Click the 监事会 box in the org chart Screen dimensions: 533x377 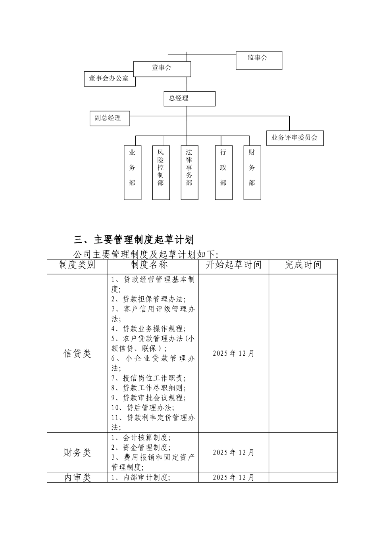point(259,60)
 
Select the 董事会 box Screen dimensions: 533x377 point(162,69)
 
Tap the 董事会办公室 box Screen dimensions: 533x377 point(109,79)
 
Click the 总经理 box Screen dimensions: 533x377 point(189,98)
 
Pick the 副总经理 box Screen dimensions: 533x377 point(110,118)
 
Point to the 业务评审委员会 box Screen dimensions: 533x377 point(294,138)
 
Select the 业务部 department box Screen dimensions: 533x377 point(132,173)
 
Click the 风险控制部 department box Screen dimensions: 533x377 point(161,173)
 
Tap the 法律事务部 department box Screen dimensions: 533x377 point(189,173)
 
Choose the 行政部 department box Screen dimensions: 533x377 point(223,173)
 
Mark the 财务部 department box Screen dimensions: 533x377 point(252,173)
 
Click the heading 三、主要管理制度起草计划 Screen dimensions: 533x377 point(134,240)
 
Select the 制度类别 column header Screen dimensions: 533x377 point(77,265)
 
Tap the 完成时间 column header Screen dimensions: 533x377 point(303,265)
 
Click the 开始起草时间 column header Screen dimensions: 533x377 point(233,265)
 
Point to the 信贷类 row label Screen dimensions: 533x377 point(77,353)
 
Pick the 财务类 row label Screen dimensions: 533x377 point(77,452)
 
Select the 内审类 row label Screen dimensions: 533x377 point(77,477)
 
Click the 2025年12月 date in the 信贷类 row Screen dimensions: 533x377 point(233,353)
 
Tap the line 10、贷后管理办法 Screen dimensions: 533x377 point(143,408)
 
